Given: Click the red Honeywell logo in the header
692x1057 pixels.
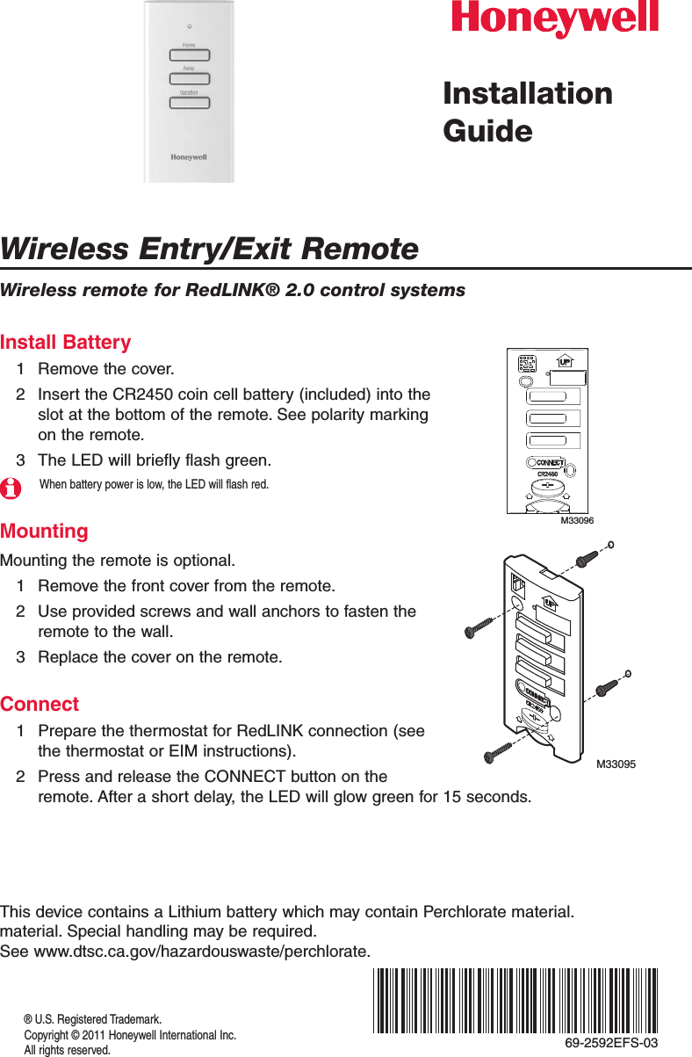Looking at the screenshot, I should tap(554, 19).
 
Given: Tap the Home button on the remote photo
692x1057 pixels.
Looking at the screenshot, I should tap(189, 54).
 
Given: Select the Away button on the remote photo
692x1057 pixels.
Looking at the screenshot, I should tap(189, 78).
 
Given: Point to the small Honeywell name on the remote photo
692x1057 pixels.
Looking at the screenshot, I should tap(188, 157).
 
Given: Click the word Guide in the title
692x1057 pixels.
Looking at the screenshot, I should tap(487, 131).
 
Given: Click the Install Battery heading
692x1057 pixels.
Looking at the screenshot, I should tap(66, 342).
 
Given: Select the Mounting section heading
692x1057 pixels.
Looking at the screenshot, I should tap(45, 531).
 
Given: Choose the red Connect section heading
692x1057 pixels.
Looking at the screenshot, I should tap(40, 704).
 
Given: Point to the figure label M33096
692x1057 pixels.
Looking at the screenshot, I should tap(577, 521).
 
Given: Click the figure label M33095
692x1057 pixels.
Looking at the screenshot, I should tap(616, 764).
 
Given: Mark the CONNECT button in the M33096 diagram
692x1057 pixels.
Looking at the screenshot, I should tap(549, 462).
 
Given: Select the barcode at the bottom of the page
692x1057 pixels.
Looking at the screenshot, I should tap(515, 1000).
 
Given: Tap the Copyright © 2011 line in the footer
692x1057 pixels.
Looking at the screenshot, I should tap(129, 1035).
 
